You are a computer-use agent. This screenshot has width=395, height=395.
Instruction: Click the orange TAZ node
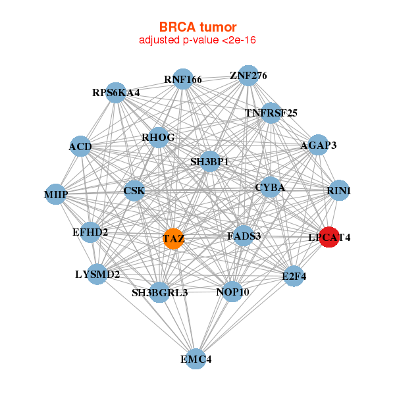[x=174, y=238]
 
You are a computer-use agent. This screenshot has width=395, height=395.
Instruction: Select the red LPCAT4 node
[x=329, y=237]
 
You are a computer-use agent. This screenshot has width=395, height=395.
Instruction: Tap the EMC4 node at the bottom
[x=196, y=359]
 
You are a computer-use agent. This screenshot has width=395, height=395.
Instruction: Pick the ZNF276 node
[x=248, y=76]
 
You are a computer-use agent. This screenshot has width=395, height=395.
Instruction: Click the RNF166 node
[x=182, y=80]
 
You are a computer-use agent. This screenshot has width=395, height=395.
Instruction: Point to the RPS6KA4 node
[x=116, y=93]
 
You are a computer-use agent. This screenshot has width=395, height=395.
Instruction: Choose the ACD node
[x=80, y=146]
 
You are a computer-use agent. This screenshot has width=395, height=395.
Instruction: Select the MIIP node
[x=56, y=194]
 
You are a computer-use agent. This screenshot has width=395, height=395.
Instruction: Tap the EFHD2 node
[x=90, y=232]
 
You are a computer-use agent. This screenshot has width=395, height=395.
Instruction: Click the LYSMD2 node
[x=97, y=274]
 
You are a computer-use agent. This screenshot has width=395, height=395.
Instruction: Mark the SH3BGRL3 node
[x=159, y=292]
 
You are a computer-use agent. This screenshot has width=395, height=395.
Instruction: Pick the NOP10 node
[x=232, y=292]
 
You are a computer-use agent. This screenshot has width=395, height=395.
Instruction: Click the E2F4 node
[x=294, y=276]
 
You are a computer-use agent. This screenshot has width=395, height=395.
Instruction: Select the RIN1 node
[x=338, y=191]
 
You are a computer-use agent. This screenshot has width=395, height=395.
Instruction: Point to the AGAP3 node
[x=318, y=145]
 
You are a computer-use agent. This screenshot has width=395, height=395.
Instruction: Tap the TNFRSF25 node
[x=271, y=113]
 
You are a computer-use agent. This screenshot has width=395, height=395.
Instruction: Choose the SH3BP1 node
[x=209, y=161]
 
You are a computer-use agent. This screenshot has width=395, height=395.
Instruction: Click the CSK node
[x=134, y=192]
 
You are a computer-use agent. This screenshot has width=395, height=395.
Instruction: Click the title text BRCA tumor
[x=197, y=27]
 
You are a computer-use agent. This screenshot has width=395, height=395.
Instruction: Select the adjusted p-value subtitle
[x=197, y=40]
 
